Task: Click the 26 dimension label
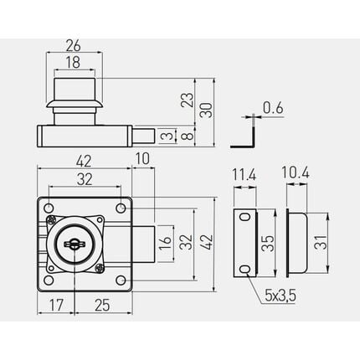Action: [x=73, y=45]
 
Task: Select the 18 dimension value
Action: [x=73, y=62]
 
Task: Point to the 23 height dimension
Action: [x=188, y=100]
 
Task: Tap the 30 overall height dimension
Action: [x=207, y=110]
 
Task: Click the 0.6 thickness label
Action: [x=273, y=108]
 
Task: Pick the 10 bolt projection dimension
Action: [x=142, y=158]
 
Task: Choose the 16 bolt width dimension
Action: [x=165, y=243]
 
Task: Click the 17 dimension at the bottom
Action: [x=56, y=305]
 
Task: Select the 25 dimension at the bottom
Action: [x=102, y=305]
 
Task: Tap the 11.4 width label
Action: [x=244, y=176]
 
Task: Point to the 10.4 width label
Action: [x=296, y=172]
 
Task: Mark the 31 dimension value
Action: [x=321, y=243]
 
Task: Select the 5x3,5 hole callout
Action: [x=280, y=296]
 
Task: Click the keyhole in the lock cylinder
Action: [x=75, y=244]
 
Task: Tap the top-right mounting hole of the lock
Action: [x=121, y=208]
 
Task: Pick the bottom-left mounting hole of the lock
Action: [x=49, y=280]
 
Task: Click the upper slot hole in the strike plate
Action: [x=245, y=217]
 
